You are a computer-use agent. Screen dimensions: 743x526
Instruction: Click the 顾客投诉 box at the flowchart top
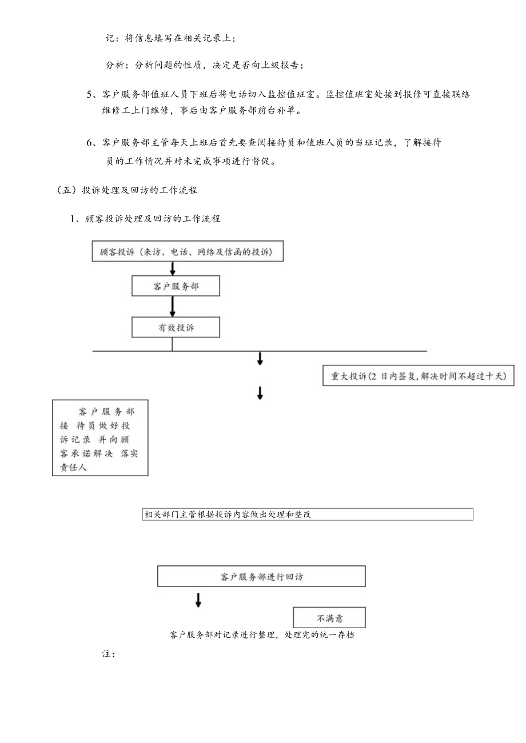[188, 252]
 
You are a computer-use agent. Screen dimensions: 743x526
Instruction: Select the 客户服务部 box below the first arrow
[176, 287]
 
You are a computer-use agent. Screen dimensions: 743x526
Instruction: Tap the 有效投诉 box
[176, 328]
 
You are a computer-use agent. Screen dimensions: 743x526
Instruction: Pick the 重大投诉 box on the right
[418, 376]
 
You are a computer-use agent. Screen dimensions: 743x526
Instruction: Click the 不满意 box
[329, 617]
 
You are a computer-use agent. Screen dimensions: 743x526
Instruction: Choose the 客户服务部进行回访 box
[261, 576]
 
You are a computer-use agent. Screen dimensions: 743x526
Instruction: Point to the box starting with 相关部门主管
[308, 514]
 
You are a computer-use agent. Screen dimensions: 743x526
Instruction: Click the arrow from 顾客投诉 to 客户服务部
[173, 269]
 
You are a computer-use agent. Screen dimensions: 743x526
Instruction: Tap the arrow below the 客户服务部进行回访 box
[198, 600]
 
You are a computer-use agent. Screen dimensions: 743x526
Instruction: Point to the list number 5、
[92, 95]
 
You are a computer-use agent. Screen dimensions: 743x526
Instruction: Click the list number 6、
[92, 143]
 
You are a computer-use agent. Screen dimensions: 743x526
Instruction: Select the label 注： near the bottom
[109, 653]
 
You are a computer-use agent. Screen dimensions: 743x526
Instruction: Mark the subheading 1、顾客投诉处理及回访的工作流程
[145, 218]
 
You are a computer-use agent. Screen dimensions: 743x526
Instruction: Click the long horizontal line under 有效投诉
[259, 351]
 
